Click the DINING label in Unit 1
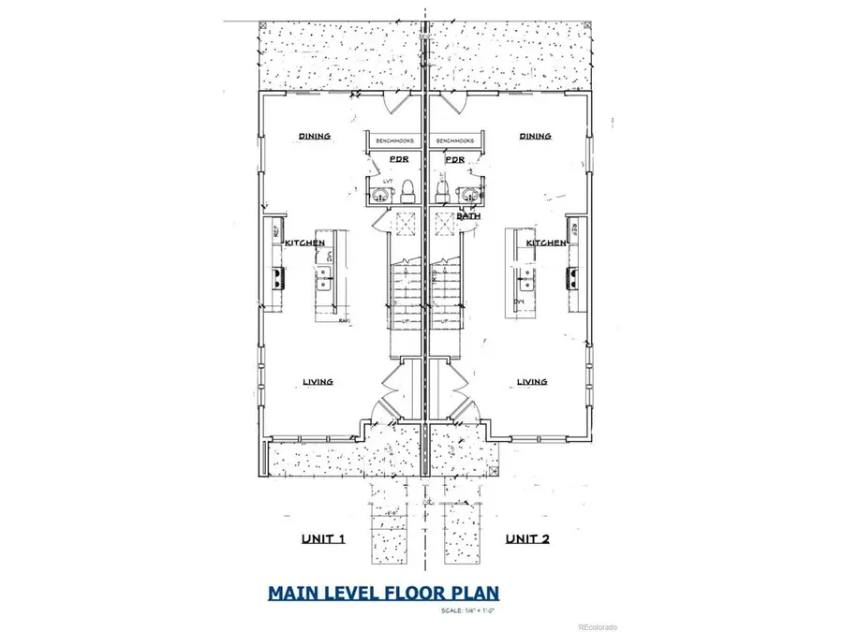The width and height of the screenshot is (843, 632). [315, 136]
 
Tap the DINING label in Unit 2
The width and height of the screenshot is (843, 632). [536, 136]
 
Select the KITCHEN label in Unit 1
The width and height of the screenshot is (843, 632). [305, 243]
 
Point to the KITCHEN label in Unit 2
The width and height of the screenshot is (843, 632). [545, 243]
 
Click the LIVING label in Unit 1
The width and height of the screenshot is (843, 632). [318, 381]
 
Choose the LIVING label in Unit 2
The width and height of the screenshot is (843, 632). [532, 381]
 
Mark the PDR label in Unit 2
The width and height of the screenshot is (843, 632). [454, 160]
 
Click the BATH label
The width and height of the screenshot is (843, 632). [468, 216]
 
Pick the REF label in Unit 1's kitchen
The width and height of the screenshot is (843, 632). [274, 230]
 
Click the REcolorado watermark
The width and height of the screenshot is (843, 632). [598, 626]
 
